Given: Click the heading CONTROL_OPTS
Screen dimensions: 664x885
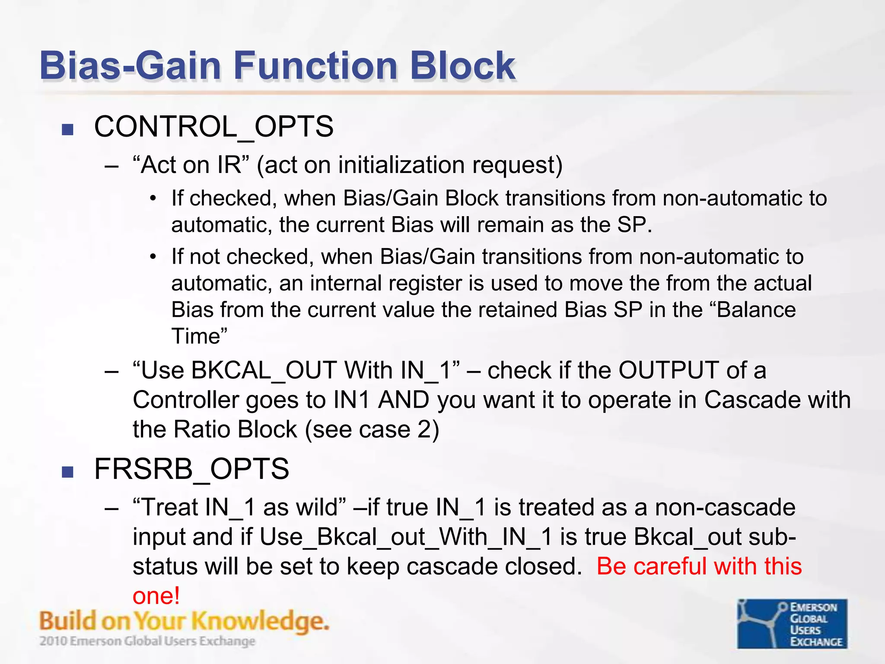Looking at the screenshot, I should (213, 127).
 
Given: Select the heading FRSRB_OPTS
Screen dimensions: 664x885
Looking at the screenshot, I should (191, 469).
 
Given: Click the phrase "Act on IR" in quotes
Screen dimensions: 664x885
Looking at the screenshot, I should (191, 165).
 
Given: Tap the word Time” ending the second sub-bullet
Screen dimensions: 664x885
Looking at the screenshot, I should (199, 336).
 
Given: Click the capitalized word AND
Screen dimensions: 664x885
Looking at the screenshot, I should (403, 400).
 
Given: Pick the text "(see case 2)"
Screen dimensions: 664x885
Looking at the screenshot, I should (372, 430).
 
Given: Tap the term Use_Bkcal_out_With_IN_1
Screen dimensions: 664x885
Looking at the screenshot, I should (406, 537).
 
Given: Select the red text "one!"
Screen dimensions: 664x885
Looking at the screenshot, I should (156, 596).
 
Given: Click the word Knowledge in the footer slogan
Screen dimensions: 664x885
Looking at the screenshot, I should (259, 622).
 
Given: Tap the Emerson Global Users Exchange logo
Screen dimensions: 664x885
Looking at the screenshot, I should (792, 624).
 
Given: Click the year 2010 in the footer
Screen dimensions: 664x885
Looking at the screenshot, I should (53, 641).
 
